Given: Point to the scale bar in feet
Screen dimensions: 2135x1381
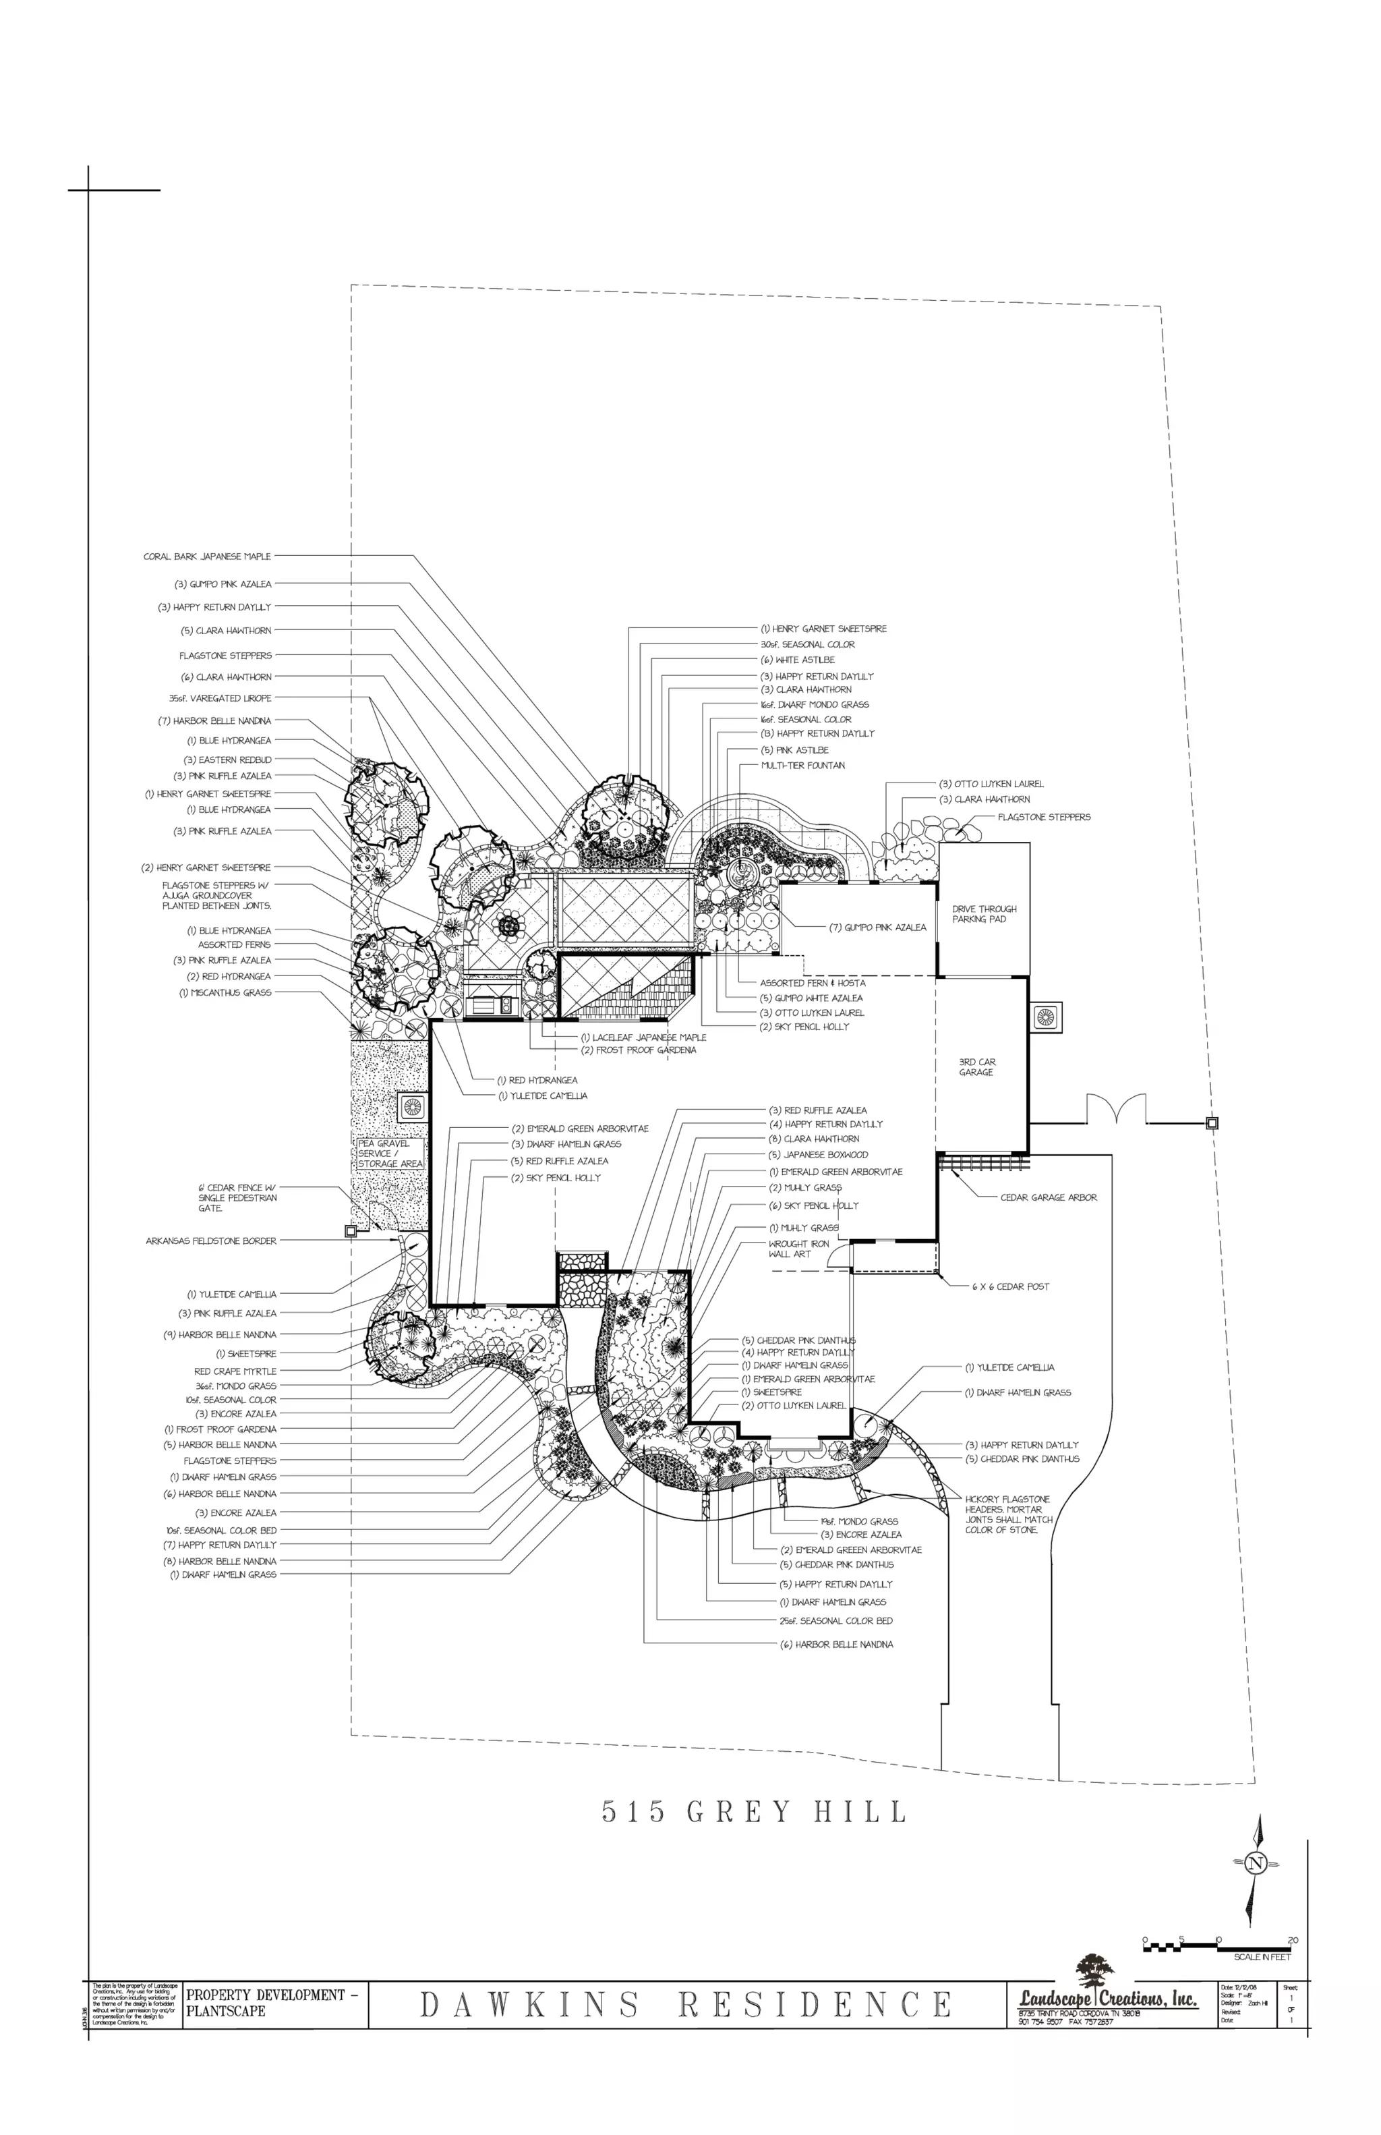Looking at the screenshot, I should pos(1218,1939).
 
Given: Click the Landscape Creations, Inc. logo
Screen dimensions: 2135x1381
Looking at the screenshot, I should pos(1107,1993).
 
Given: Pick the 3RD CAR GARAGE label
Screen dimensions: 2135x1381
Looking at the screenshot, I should pos(976,1066).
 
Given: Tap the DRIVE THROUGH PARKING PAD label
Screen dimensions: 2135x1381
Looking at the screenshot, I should pos(984,914).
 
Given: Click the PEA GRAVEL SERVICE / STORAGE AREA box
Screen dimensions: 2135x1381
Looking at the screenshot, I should pos(390,1154).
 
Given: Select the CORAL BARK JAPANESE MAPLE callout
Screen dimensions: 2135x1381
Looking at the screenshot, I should pos(207,556).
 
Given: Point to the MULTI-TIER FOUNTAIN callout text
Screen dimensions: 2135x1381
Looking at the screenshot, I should pos(802,765).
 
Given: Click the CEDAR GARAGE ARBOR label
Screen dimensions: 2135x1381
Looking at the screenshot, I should pos(1049,1197).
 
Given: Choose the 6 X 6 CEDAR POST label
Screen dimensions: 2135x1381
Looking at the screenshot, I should pos(1011,1286).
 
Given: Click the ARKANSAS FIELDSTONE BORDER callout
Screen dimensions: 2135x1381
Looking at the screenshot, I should pos(212,1241).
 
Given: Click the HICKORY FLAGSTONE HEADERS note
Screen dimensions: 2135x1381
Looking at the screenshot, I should pos(1008,1514).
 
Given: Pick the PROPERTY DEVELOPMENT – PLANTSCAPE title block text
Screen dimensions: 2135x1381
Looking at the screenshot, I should pos(272,2003).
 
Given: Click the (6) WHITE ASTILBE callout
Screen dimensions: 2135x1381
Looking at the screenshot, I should pos(797,659).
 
